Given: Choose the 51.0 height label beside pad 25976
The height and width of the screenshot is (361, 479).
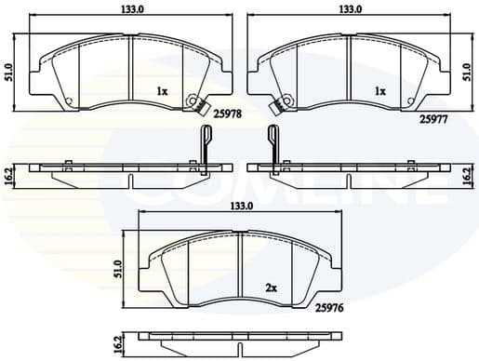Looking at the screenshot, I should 118,266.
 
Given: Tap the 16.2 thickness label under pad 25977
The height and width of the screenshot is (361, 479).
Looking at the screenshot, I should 467,175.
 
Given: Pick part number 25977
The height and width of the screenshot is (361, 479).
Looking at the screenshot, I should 432,118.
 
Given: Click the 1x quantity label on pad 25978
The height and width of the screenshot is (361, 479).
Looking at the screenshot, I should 163,92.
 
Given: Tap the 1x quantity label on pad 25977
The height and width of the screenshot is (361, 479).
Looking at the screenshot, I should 380,92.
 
